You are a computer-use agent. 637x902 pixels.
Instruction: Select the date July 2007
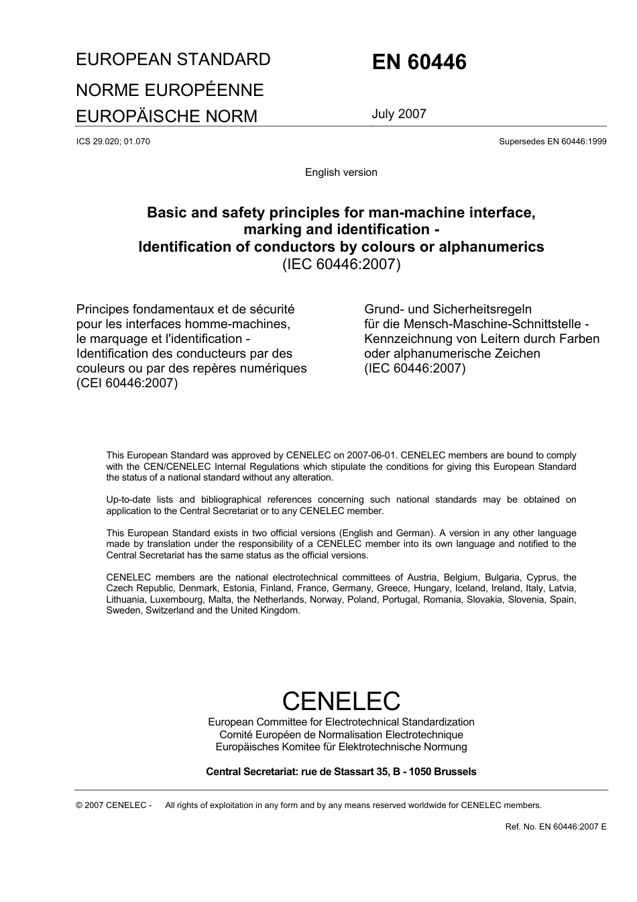(x=399, y=114)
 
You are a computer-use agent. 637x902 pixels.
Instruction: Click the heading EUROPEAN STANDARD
(x=173, y=60)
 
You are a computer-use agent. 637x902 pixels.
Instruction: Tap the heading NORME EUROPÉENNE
(x=170, y=90)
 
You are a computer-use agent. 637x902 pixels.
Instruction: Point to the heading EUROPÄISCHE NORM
(x=166, y=117)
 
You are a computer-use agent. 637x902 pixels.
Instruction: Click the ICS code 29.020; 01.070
(x=113, y=142)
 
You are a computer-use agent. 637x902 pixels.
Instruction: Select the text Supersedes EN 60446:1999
(x=553, y=142)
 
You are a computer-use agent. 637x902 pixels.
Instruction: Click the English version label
(x=341, y=172)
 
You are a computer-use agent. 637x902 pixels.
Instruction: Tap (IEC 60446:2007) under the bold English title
(x=341, y=264)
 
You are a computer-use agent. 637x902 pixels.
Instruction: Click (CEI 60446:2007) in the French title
(x=127, y=383)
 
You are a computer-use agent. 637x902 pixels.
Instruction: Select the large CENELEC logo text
(x=341, y=701)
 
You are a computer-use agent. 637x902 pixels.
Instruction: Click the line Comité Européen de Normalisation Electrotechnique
(x=341, y=735)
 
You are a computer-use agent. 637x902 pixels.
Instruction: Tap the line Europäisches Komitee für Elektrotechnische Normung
(x=341, y=747)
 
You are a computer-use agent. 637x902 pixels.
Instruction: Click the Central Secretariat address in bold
(x=341, y=772)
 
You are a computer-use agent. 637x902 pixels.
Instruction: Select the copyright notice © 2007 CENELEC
(x=114, y=805)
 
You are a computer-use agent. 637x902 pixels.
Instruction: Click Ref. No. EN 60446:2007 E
(x=555, y=827)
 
